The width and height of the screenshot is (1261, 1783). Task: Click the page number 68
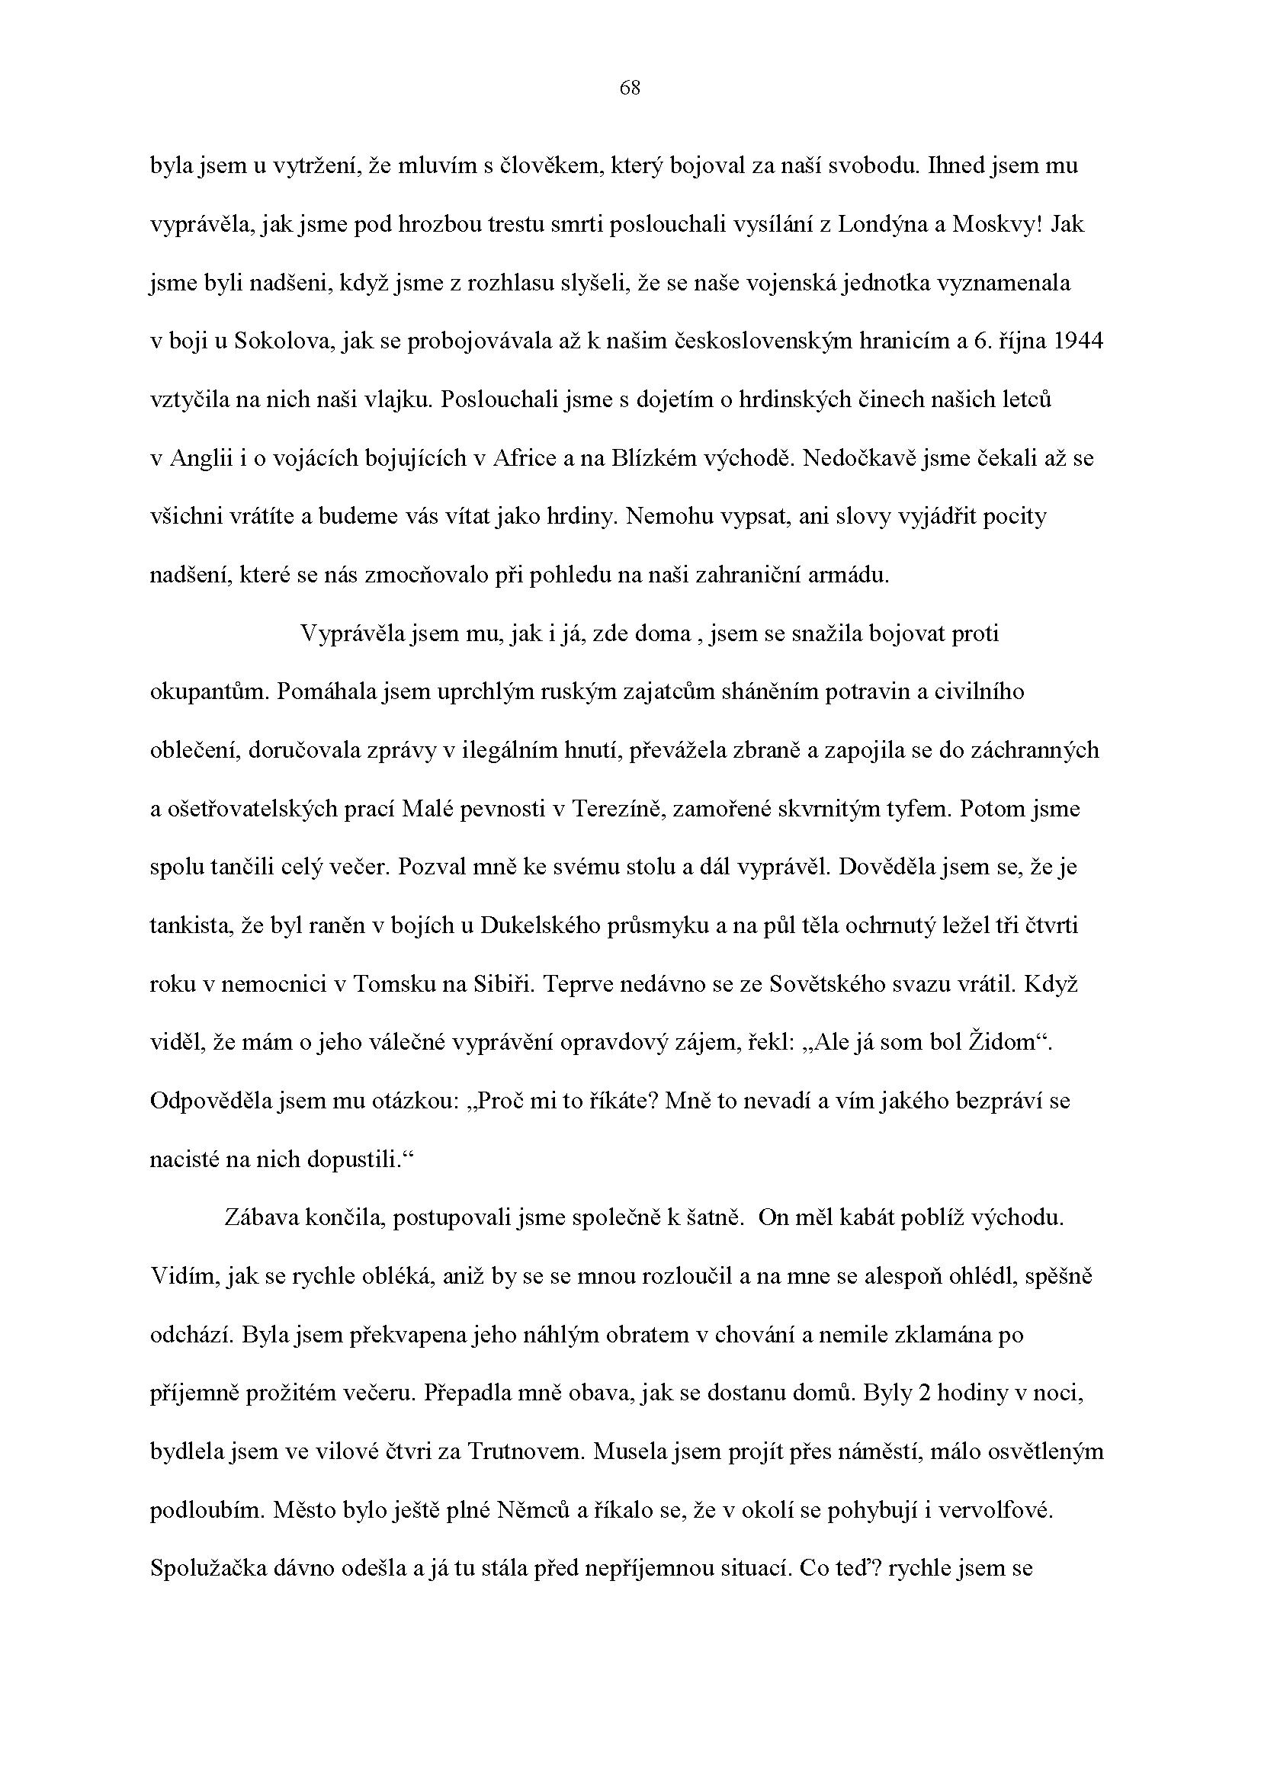pos(630,88)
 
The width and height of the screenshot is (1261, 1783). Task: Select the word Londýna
pos(885,224)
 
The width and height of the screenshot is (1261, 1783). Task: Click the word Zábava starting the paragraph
pos(265,1217)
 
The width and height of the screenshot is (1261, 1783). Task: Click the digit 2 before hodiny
pos(924,1393)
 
